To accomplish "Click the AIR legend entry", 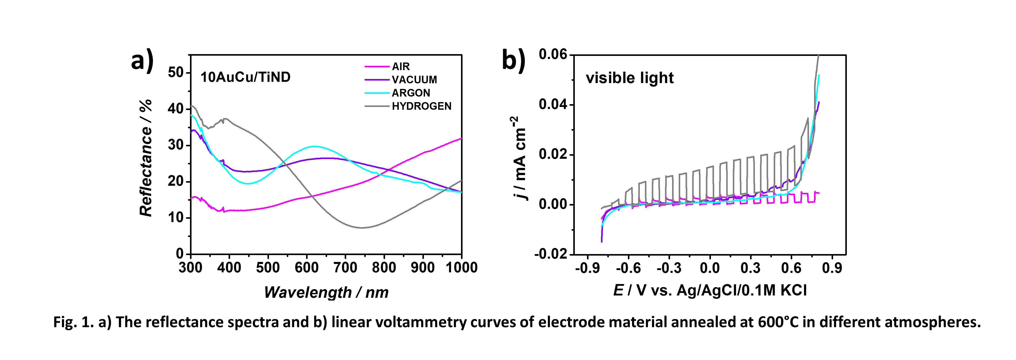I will pos(400,66).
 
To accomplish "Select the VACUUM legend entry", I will pos(414,80).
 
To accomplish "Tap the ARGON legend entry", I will pos(410,93).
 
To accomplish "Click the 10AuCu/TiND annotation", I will pos(245,77).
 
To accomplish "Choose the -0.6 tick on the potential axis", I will pos(628,268).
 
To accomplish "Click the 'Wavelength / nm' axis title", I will pos(326,292).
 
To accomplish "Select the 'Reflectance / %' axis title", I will pos(146,158).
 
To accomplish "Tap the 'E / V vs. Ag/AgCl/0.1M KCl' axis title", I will pos(710,290).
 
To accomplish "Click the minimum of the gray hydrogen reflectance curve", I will pos(362,228).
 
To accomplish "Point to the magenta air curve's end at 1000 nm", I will pos(461,138).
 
